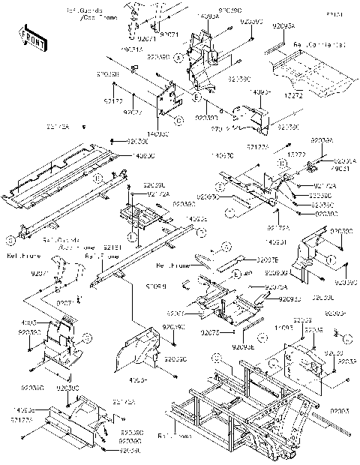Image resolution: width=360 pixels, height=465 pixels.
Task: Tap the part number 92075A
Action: pyautogui.click(x=276, y=286)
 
